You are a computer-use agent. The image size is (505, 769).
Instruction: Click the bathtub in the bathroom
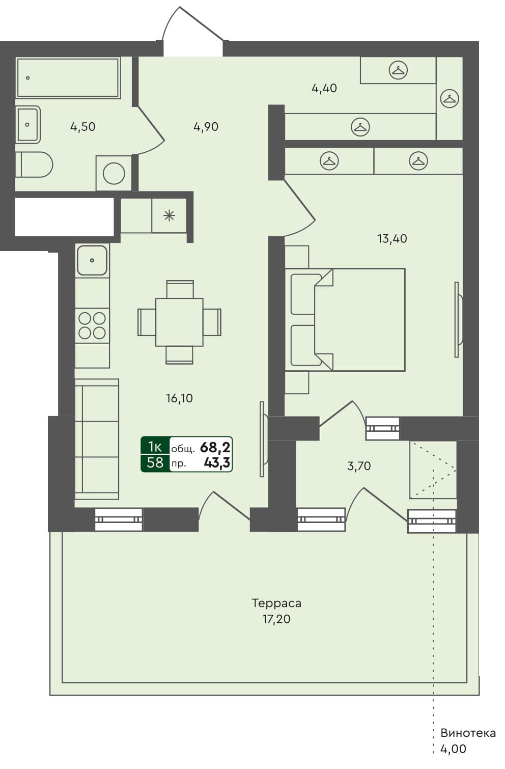click(x=68, y=77)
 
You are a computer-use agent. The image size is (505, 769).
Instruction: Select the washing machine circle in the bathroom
click(x=114, y=174)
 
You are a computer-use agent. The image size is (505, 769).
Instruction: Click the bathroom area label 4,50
click(x=82, y=127)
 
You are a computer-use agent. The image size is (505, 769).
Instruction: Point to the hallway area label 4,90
click(x=206, y=127)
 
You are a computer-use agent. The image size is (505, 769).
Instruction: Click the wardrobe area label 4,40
click(x=324, y=88)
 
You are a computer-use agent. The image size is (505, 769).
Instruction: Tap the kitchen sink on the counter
click(x=92, y=260)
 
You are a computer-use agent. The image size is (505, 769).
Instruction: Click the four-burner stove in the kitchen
click(x=92, y=325)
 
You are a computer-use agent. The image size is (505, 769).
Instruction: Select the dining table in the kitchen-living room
click(x=179, y=322)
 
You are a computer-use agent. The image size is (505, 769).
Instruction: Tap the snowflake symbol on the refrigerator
click(x=169, y=216)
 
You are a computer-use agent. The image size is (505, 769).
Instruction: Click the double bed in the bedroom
click(x=351, y=320)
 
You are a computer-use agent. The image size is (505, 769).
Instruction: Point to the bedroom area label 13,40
click(x=391, y=238)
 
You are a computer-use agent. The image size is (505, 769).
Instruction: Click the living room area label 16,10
click(x=179, y=398)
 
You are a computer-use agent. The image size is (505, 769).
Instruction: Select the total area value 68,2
click(x=215, y=447)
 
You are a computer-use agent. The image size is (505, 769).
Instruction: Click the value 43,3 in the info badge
click(x=216, y=462)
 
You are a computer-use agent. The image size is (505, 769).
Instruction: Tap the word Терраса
click(x=276, y=603)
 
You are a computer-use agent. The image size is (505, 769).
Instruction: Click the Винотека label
click(x=468, y=733)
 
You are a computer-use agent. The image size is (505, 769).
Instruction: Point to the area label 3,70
click(x=358, y=465)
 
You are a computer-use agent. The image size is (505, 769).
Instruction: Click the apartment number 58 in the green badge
click(x=155, y=462)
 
